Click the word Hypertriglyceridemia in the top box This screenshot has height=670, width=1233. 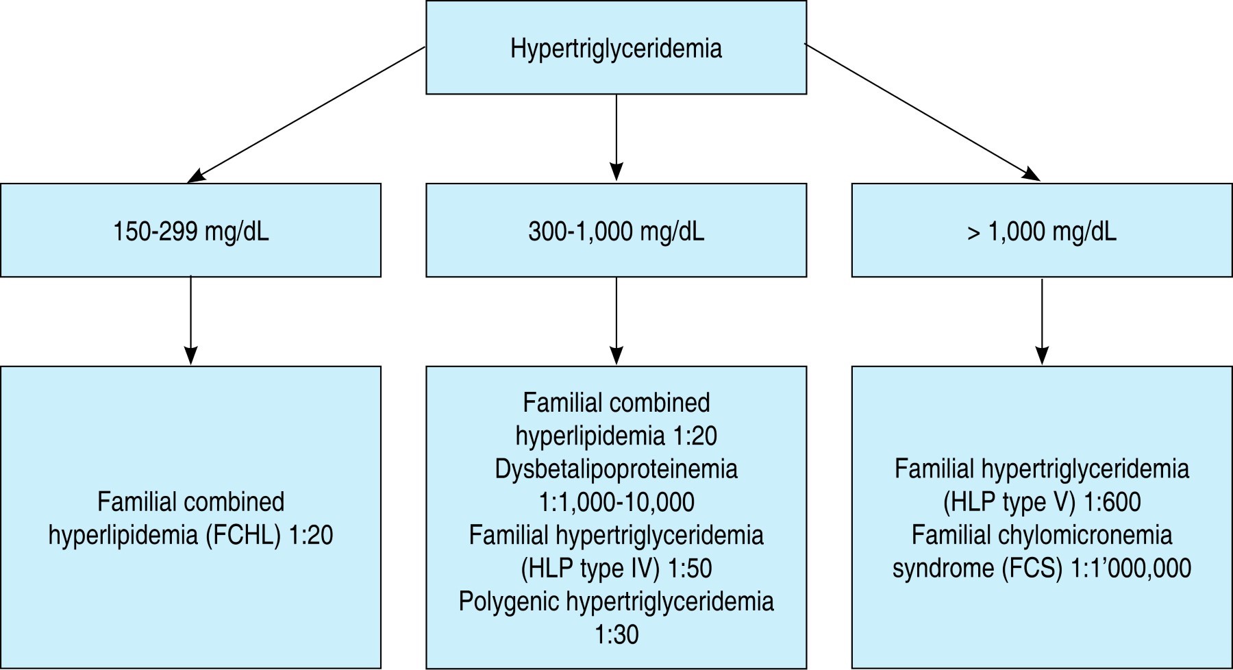(616, 49)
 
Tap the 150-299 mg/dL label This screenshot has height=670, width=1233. (190, 232)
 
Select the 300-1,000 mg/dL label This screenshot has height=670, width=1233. (616, 232)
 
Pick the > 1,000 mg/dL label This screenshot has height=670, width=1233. (1041, 232)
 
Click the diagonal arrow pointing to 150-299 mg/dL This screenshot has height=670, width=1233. (306, 114)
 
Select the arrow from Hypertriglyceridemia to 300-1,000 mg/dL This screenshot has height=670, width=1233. (616, 137)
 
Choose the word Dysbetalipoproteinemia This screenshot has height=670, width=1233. (616, 469)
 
